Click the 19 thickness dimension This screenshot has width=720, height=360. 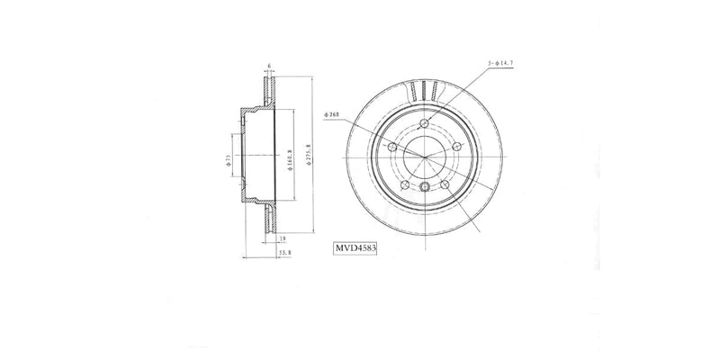click(x=282, y=239)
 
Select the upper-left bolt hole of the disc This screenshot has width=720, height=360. click(x=392, y=147)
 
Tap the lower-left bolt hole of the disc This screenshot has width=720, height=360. click(x=404, y=185)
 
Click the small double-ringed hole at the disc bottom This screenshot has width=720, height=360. click(x=426, y=186)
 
